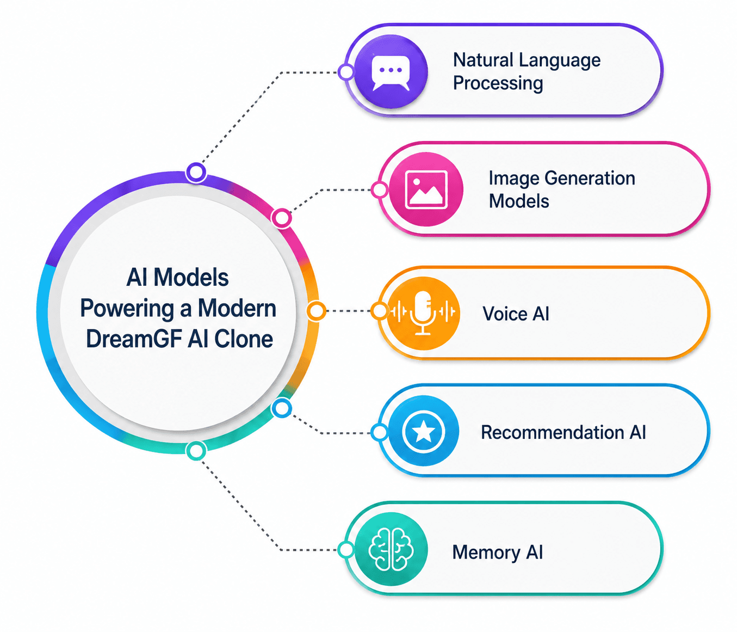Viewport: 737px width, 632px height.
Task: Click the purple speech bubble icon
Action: click(x=391, y=72)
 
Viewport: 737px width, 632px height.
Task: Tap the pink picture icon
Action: click(x=426, y=189)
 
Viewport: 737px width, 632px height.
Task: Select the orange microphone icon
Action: click(x=423, y=313)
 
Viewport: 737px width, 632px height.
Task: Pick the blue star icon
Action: click(x=423, y=431)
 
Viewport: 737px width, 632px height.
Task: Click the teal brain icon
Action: click(x=391, y=549)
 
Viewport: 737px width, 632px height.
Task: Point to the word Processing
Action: click(x=498, y=83)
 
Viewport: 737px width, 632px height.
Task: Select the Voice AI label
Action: click(x=516, y=314)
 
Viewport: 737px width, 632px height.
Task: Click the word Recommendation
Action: click(x=552, y=432)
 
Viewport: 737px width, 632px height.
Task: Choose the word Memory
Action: click(x=486, y=553)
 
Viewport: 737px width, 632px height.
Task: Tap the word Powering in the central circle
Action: click(x=127, y=309)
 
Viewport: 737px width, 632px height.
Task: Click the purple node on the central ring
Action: click(x=196, y=173)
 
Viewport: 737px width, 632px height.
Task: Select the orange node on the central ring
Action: click(x=316, y=311)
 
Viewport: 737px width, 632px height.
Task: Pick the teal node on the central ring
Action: click(x=196, y=451)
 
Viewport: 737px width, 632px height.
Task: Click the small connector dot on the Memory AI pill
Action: click(x=345, y=550)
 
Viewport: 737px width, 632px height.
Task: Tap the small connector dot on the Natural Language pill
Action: click(x=346, y=72)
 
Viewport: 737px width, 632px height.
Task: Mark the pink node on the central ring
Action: click(x=282, y=218)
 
